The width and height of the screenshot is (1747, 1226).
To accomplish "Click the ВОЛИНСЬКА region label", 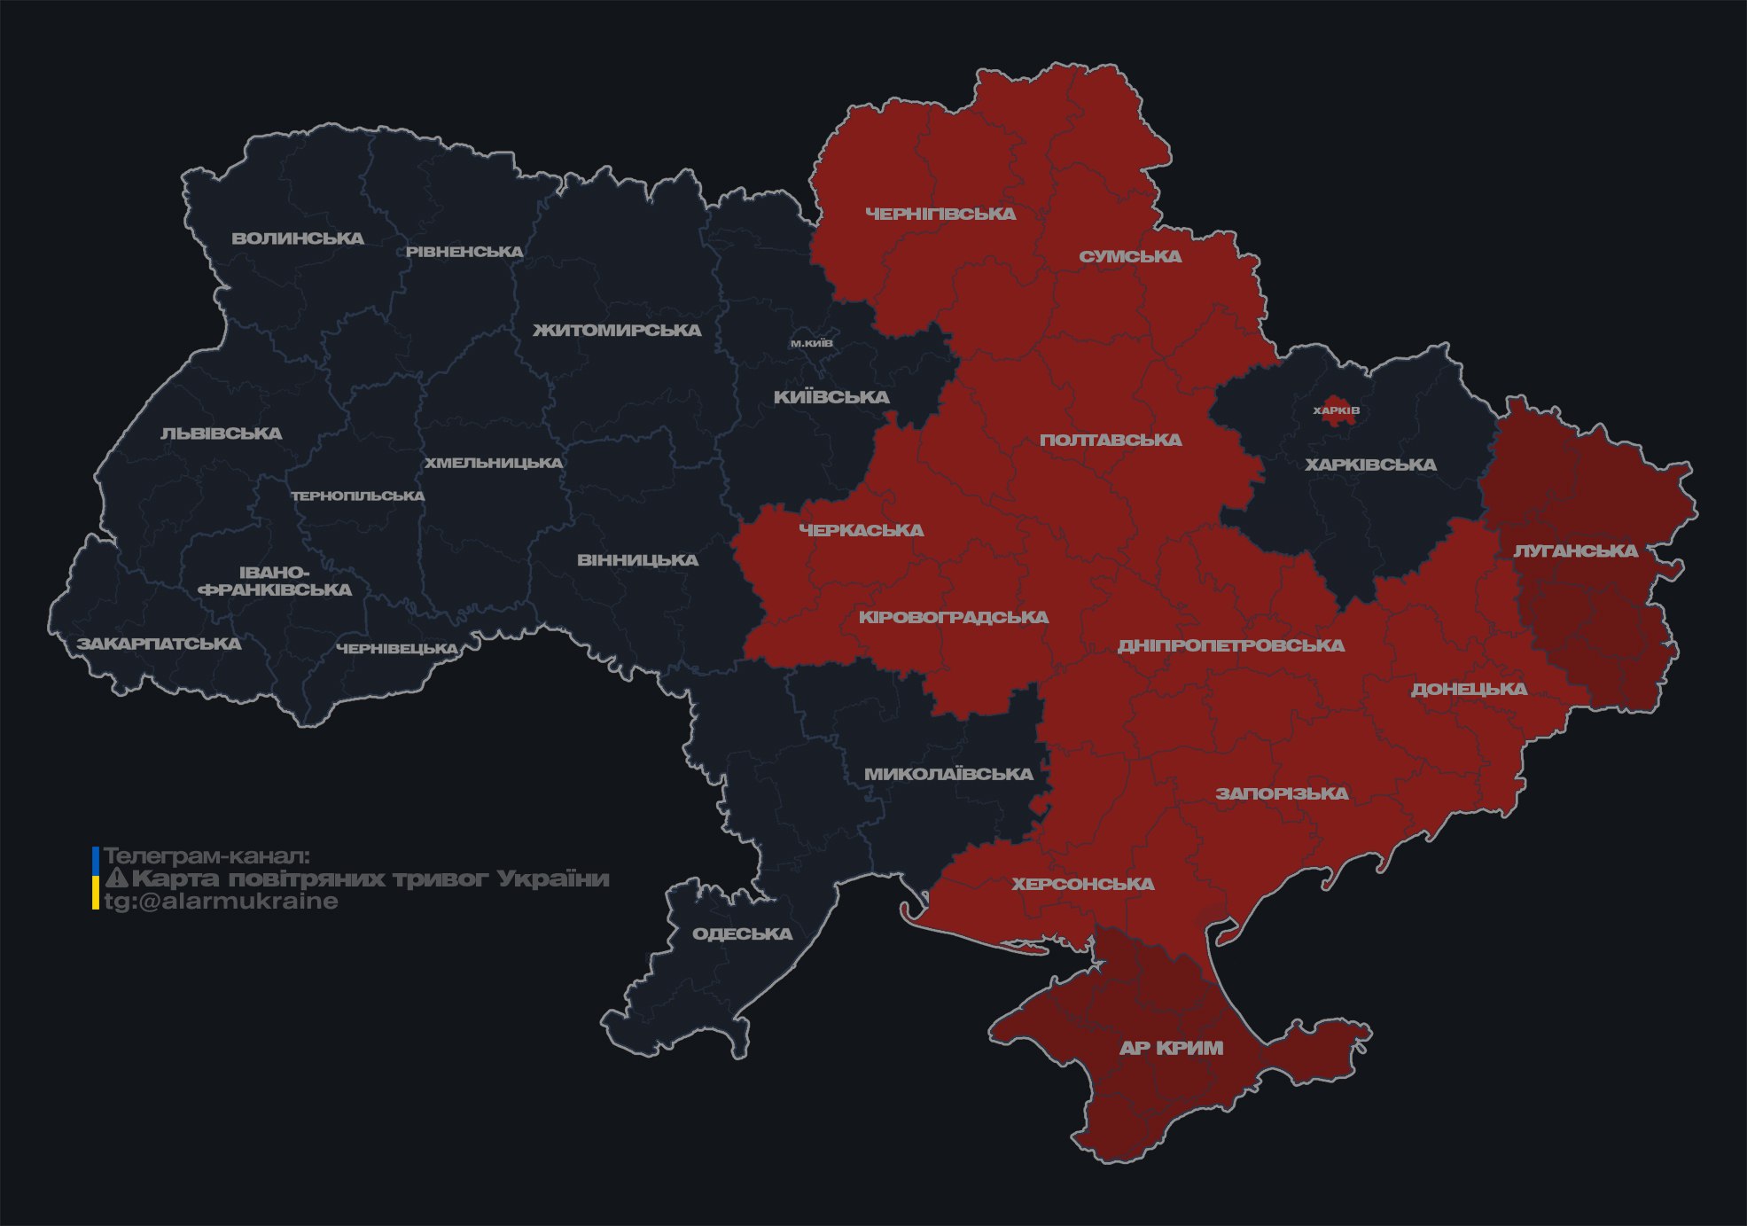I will tap(298, 238).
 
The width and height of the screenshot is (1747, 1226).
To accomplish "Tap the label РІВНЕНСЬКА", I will tap(464, 252).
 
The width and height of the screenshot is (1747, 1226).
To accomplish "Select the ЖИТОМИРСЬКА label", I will tap(617, 331).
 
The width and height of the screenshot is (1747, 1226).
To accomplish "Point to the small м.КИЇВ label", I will tap(811, 343).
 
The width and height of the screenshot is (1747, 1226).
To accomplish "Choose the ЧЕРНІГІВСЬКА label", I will tap(940, 214).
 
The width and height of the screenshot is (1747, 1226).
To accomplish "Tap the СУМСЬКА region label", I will tap(1130, 257).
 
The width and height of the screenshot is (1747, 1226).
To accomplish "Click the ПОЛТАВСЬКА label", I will tap(1111, 441).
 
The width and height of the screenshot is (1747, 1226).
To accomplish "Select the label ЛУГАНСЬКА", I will tap(1575, 551).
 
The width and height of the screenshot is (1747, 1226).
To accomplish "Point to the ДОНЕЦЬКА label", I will tap(1469, 689).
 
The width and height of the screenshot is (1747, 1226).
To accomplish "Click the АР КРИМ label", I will tap(1171, 1048).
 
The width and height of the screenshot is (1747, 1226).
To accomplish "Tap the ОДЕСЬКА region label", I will tap(742, 934).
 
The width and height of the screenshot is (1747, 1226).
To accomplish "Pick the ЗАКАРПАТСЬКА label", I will tap(159, 644).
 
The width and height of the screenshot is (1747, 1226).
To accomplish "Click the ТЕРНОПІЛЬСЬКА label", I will tap(358, 496).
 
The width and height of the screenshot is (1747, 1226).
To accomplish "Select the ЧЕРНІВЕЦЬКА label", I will tap(397, 649).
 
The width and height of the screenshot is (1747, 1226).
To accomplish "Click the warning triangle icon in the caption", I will tap(116, 879).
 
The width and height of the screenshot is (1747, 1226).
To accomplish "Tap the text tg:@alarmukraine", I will tap(221, 902).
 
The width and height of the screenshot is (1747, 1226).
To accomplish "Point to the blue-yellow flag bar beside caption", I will tap(96, 879).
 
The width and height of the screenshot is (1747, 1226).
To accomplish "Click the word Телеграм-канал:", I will tap(207, 856).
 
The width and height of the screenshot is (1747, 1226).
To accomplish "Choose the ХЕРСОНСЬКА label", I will tap(1082, 884).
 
